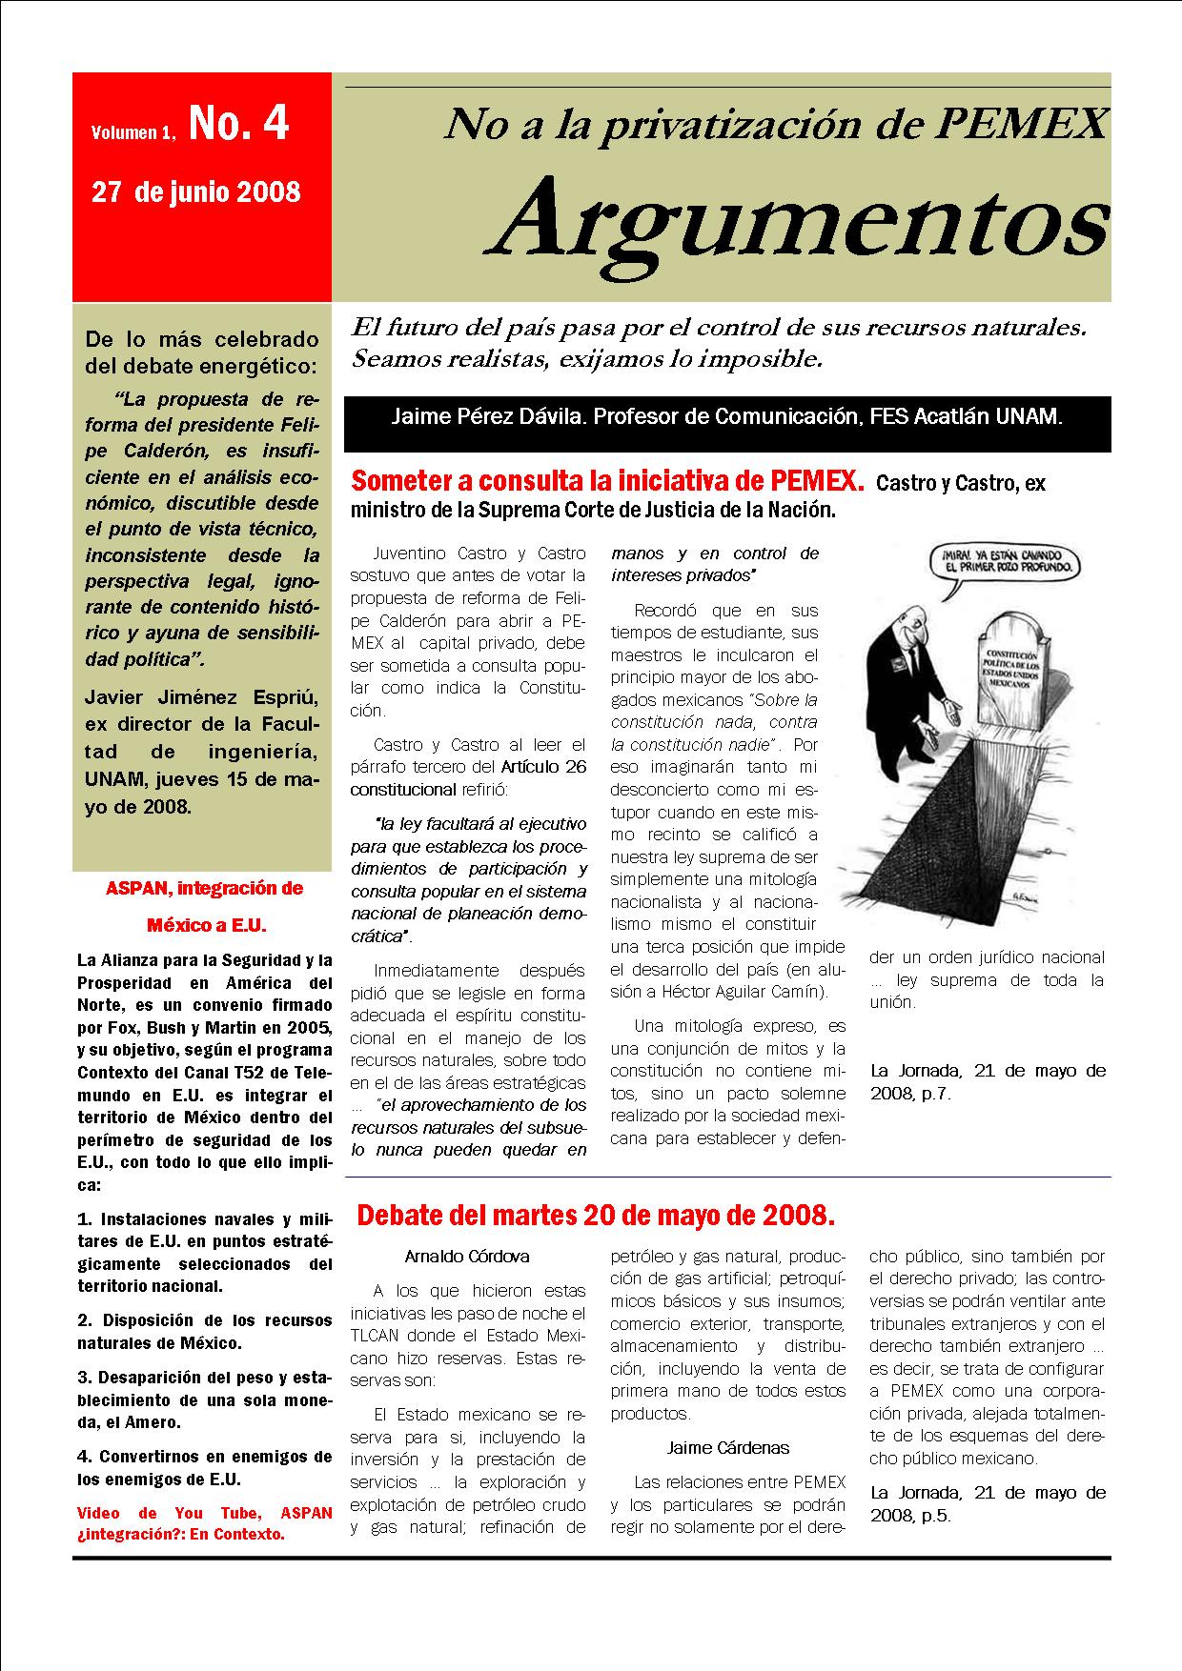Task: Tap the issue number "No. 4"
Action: tap(238, 124)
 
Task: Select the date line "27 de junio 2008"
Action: tap(196, 192)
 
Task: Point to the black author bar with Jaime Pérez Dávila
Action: tap(726, 417)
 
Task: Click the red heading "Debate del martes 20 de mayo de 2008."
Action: tap(596, 1216)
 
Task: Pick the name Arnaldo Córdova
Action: tap(467, 1257)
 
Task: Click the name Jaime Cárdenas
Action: tap(728, 1447)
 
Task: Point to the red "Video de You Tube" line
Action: tap(204, 1512)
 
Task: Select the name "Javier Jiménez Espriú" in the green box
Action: tap(202, 696)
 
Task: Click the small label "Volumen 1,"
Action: tap(133, 133)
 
